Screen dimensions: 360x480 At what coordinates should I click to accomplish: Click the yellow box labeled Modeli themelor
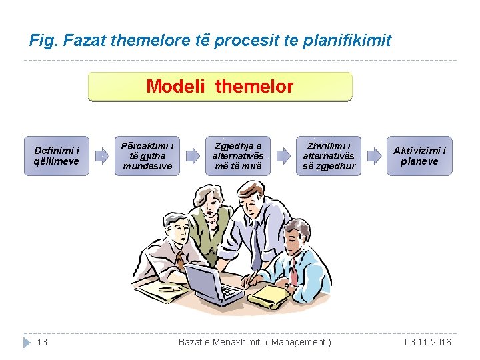[x=219, y=87]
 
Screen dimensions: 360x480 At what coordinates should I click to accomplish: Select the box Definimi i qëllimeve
[x=57, y=156]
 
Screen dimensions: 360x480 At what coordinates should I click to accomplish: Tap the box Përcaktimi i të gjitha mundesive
[x=147, y=156]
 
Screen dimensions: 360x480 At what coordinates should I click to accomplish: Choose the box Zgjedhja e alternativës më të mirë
[x=238, y=156]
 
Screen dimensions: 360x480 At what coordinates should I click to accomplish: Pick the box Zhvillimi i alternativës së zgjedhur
[x=329, y=156]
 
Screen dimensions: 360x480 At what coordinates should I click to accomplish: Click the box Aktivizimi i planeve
[x=419, y=156]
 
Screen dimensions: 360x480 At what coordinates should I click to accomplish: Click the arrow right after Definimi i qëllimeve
[x=102, y=156]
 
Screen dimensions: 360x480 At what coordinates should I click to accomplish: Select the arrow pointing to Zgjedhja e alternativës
[x=193, y=156]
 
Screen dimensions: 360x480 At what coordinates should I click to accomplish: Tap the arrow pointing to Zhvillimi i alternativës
[x=283, y=156]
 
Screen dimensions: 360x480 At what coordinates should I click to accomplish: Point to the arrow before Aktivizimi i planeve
[x=374, y=156]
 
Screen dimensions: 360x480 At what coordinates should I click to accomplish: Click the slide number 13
[x=41, y=342]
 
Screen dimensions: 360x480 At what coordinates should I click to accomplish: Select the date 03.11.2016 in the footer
[x=428, y=342]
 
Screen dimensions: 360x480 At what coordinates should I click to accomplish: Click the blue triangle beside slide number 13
[x=27, y=342]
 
